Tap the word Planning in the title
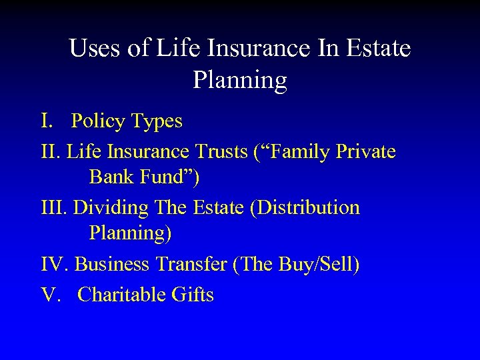pos(240,80)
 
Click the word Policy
pos(98,121)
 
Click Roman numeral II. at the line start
pos(51,153)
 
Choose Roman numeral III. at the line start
pos(54,207)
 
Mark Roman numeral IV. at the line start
pos(55,265)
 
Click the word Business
pos(115,265)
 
